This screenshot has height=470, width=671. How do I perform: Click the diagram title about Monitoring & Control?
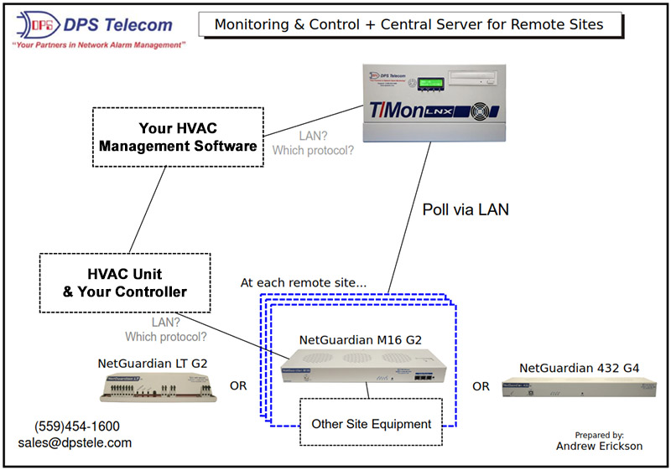point(409,24)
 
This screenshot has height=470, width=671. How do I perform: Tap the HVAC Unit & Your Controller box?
point(124,282)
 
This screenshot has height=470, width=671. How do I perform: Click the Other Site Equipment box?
point(371,424)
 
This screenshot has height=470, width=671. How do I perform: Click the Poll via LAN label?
point(465,210)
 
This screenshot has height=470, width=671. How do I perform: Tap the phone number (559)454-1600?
point(77,426)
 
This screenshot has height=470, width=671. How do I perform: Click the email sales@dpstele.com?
point(75,442)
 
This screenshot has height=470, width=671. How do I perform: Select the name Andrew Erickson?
point(599,447)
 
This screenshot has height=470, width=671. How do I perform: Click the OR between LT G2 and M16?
point(238,386)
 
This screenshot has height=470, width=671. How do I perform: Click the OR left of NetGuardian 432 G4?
point(481,386)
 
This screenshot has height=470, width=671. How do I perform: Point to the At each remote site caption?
point(304,282)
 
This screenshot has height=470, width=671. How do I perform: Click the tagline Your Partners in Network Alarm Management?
point(98,45)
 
